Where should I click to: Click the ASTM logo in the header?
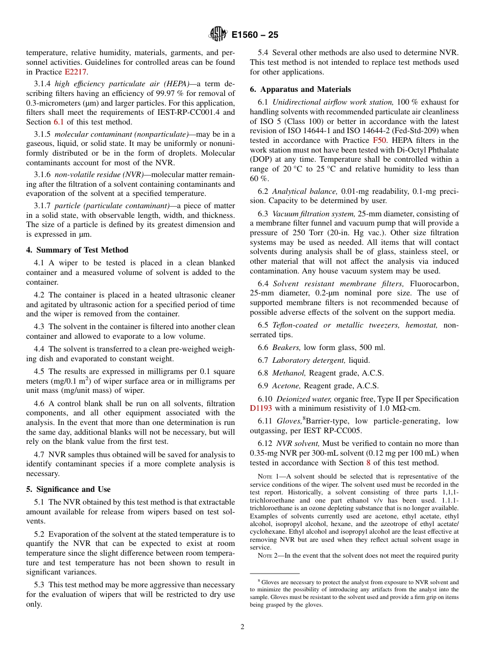tap(217, 35)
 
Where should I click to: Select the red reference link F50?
tap(379, 140)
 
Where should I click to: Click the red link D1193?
tap(261, 408)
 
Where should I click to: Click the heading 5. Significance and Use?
tap(68, 489)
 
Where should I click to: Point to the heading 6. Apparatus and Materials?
tap(300, 89)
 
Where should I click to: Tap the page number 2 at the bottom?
tap(243, 627)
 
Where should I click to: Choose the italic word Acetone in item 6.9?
tap(286, 386)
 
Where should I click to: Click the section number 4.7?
tap(40, 455)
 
